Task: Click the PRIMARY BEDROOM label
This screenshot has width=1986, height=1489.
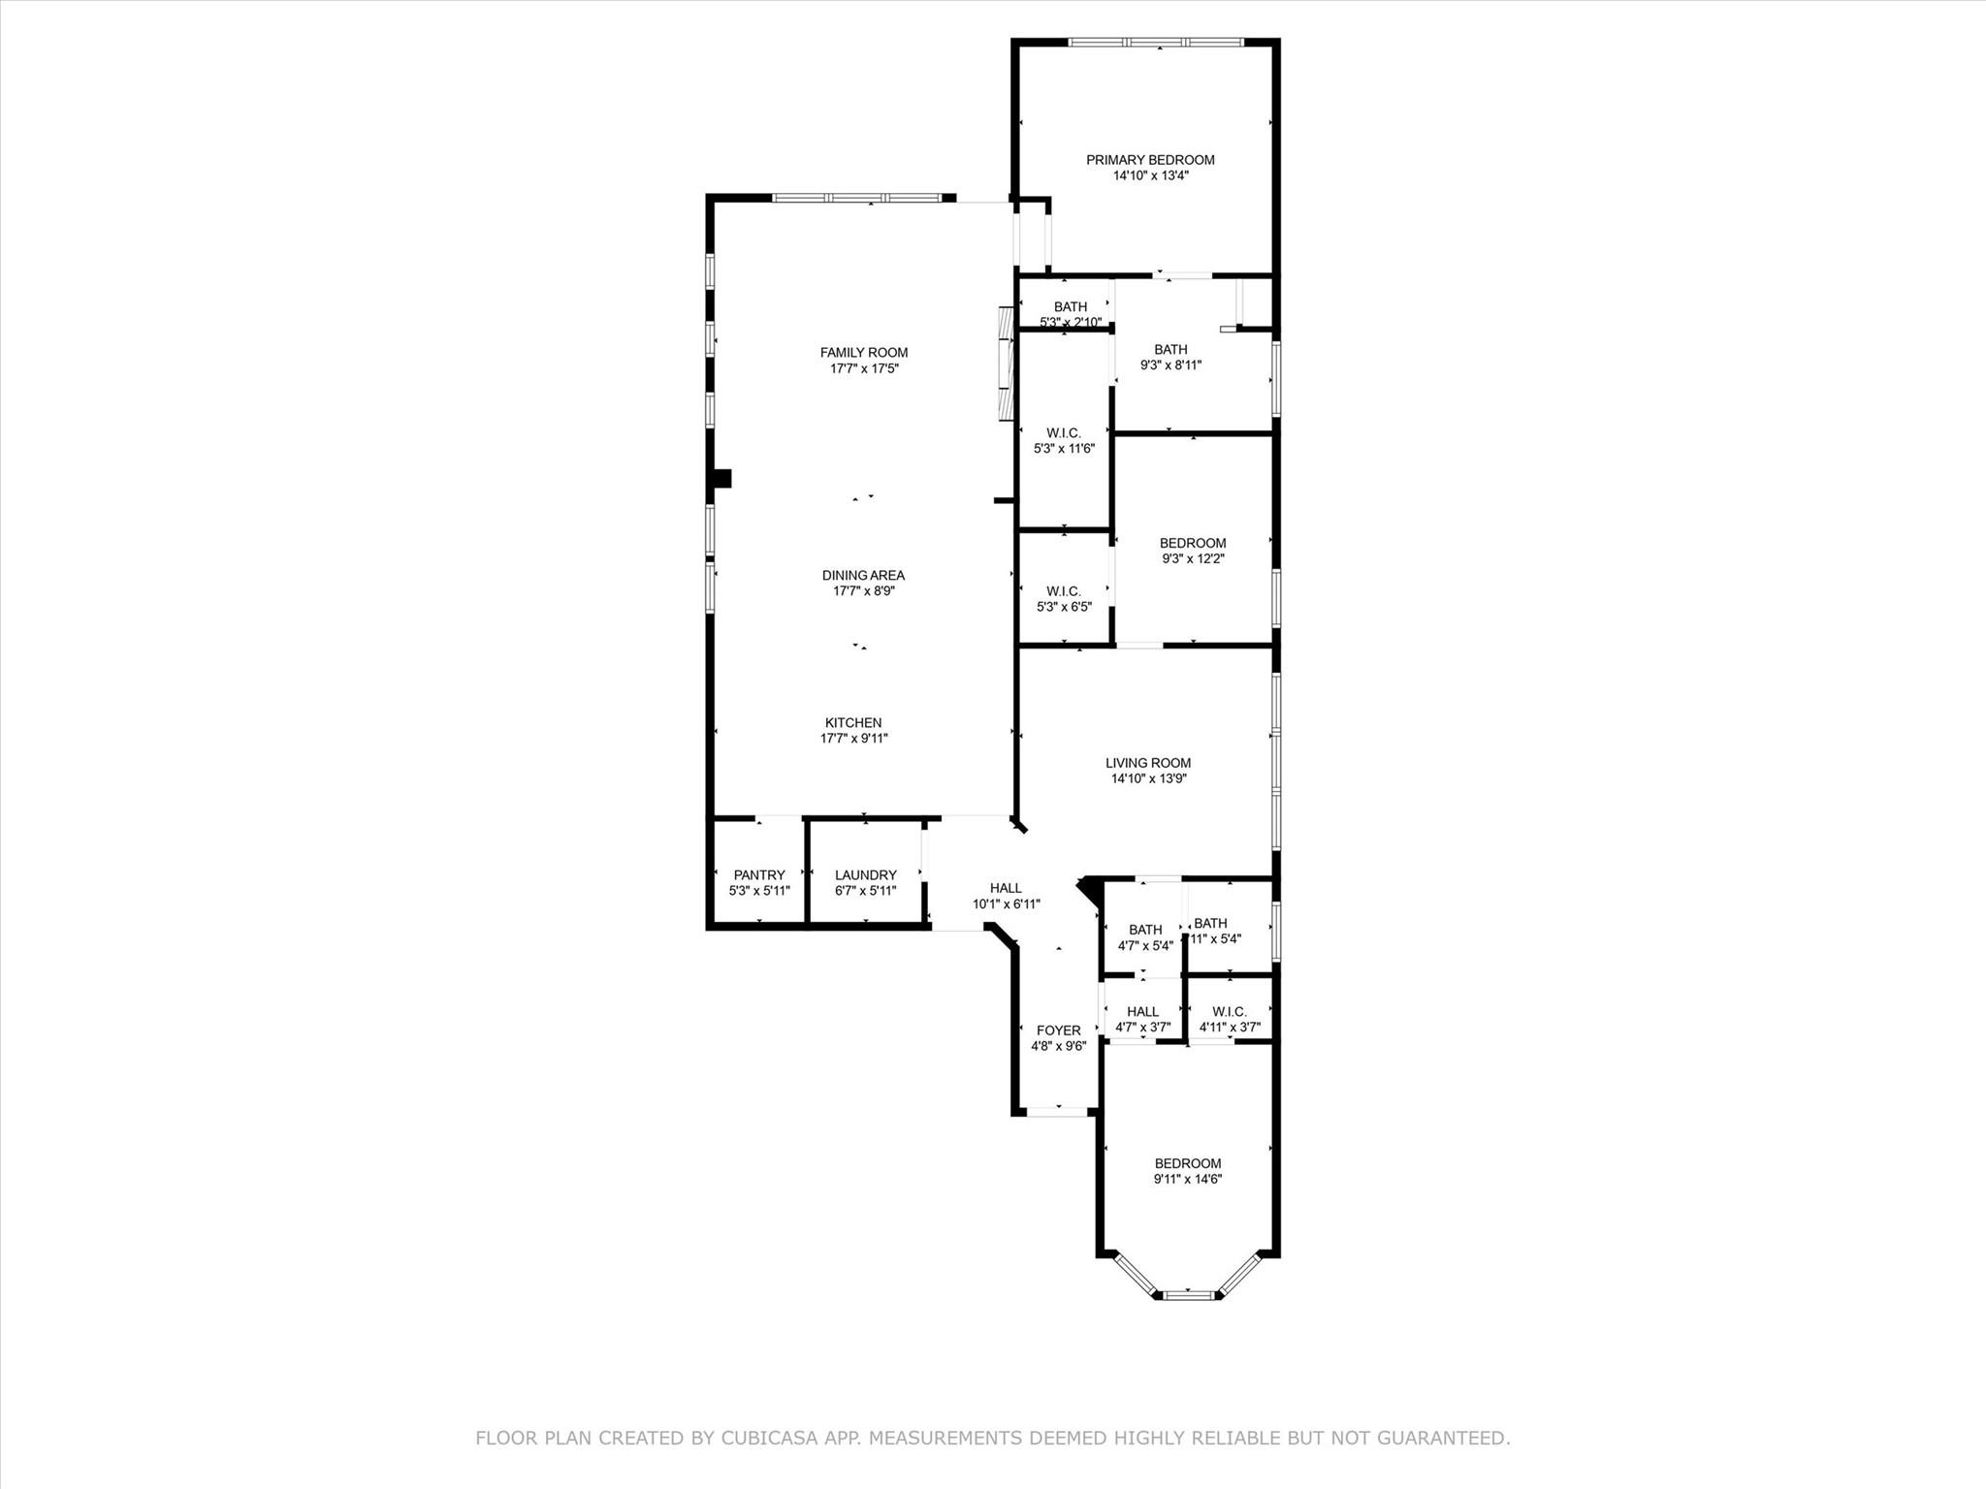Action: [x=1150, y=160]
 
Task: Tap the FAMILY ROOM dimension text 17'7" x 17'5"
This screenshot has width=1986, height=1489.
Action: [x=864, y=368]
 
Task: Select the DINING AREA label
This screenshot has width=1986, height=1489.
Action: [x=863, y=575]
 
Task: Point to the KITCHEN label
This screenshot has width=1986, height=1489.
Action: [x=853, y=722]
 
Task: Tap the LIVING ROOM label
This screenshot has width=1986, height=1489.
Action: [x=1148, y=763]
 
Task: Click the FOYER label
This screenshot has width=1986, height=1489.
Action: [x=1058, y=1030]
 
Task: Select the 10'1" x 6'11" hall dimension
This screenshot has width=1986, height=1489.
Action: [x=1007, y=903]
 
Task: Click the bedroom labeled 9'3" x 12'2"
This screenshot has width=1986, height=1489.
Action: [x=1193, y=550]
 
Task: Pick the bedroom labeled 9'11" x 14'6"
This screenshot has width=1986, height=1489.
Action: [x=1187, y=1170]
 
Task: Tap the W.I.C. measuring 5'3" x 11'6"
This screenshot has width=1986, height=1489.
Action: [x=1064, y=440]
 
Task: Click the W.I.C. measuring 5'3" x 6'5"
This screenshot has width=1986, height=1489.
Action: [x=1064, y=598]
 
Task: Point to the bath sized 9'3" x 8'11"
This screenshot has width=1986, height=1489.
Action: [x=1170, y=357]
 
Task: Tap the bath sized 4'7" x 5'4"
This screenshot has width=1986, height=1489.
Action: [x=1144, y=936]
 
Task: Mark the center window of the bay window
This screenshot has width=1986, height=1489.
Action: [x=1188, y=1294]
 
